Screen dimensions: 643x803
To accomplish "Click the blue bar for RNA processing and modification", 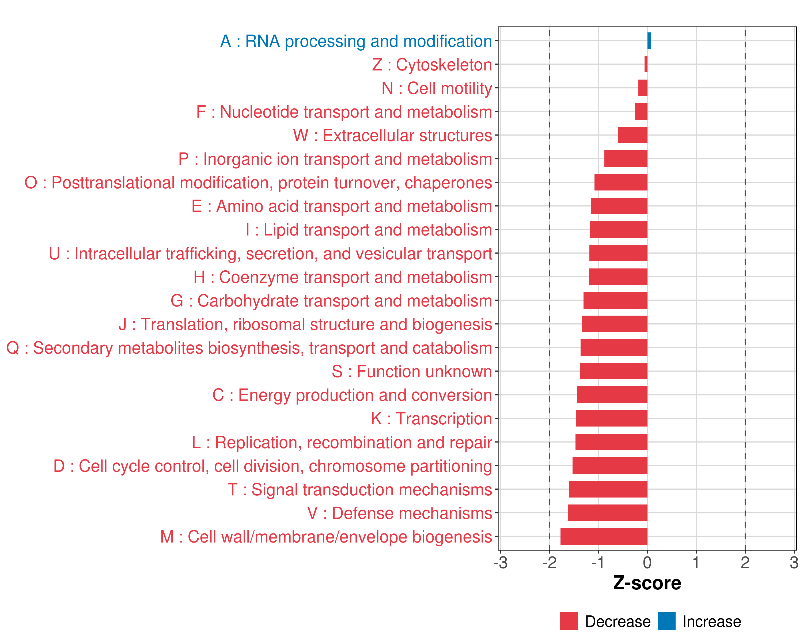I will (649, 41).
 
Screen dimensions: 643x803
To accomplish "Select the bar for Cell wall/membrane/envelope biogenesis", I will (604, 536).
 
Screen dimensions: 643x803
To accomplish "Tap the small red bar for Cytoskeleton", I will (646, 64).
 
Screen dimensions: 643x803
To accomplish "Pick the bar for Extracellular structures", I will (633, 135).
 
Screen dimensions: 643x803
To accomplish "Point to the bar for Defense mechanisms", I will (607, 513).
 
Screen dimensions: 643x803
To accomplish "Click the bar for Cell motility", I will (643, 88).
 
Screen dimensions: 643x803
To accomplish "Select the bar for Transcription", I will (612, 418).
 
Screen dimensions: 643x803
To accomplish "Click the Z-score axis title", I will (647, 583).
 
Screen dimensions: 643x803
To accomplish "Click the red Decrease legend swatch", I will (569, 621).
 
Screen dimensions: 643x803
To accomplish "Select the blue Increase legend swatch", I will (666, 621).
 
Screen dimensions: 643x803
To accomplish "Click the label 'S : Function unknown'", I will (412, 372).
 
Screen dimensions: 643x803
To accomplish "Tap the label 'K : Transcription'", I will (431, 418).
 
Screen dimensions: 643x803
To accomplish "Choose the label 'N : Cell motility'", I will (437, 88).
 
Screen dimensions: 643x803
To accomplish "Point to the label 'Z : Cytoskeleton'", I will (432, 65).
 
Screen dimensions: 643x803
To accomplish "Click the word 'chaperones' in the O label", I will (448, 183).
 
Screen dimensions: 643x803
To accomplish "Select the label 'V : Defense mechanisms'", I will (400, 513).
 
